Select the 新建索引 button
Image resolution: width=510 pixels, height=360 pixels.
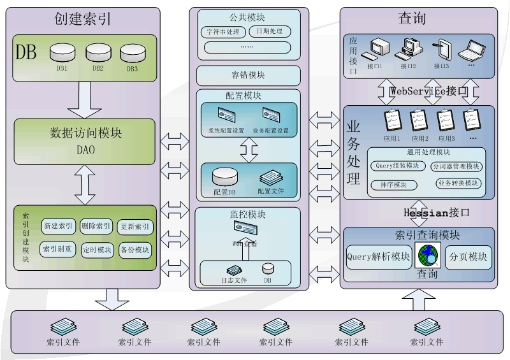59,226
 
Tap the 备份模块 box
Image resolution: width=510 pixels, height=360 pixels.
135,250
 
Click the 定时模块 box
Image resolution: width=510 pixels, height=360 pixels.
97,250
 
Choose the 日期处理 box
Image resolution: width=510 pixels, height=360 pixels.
270,31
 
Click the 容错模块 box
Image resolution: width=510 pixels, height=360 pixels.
248,75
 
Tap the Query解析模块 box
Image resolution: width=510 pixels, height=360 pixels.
379,257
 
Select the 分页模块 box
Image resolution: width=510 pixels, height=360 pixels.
469,257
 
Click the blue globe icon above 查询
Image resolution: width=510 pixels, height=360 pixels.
427,255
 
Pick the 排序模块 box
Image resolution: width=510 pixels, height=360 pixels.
393,185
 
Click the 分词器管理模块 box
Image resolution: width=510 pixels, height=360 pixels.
456,167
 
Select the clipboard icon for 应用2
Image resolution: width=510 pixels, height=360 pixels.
419,120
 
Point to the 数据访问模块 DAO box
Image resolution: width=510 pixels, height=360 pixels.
85,140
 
